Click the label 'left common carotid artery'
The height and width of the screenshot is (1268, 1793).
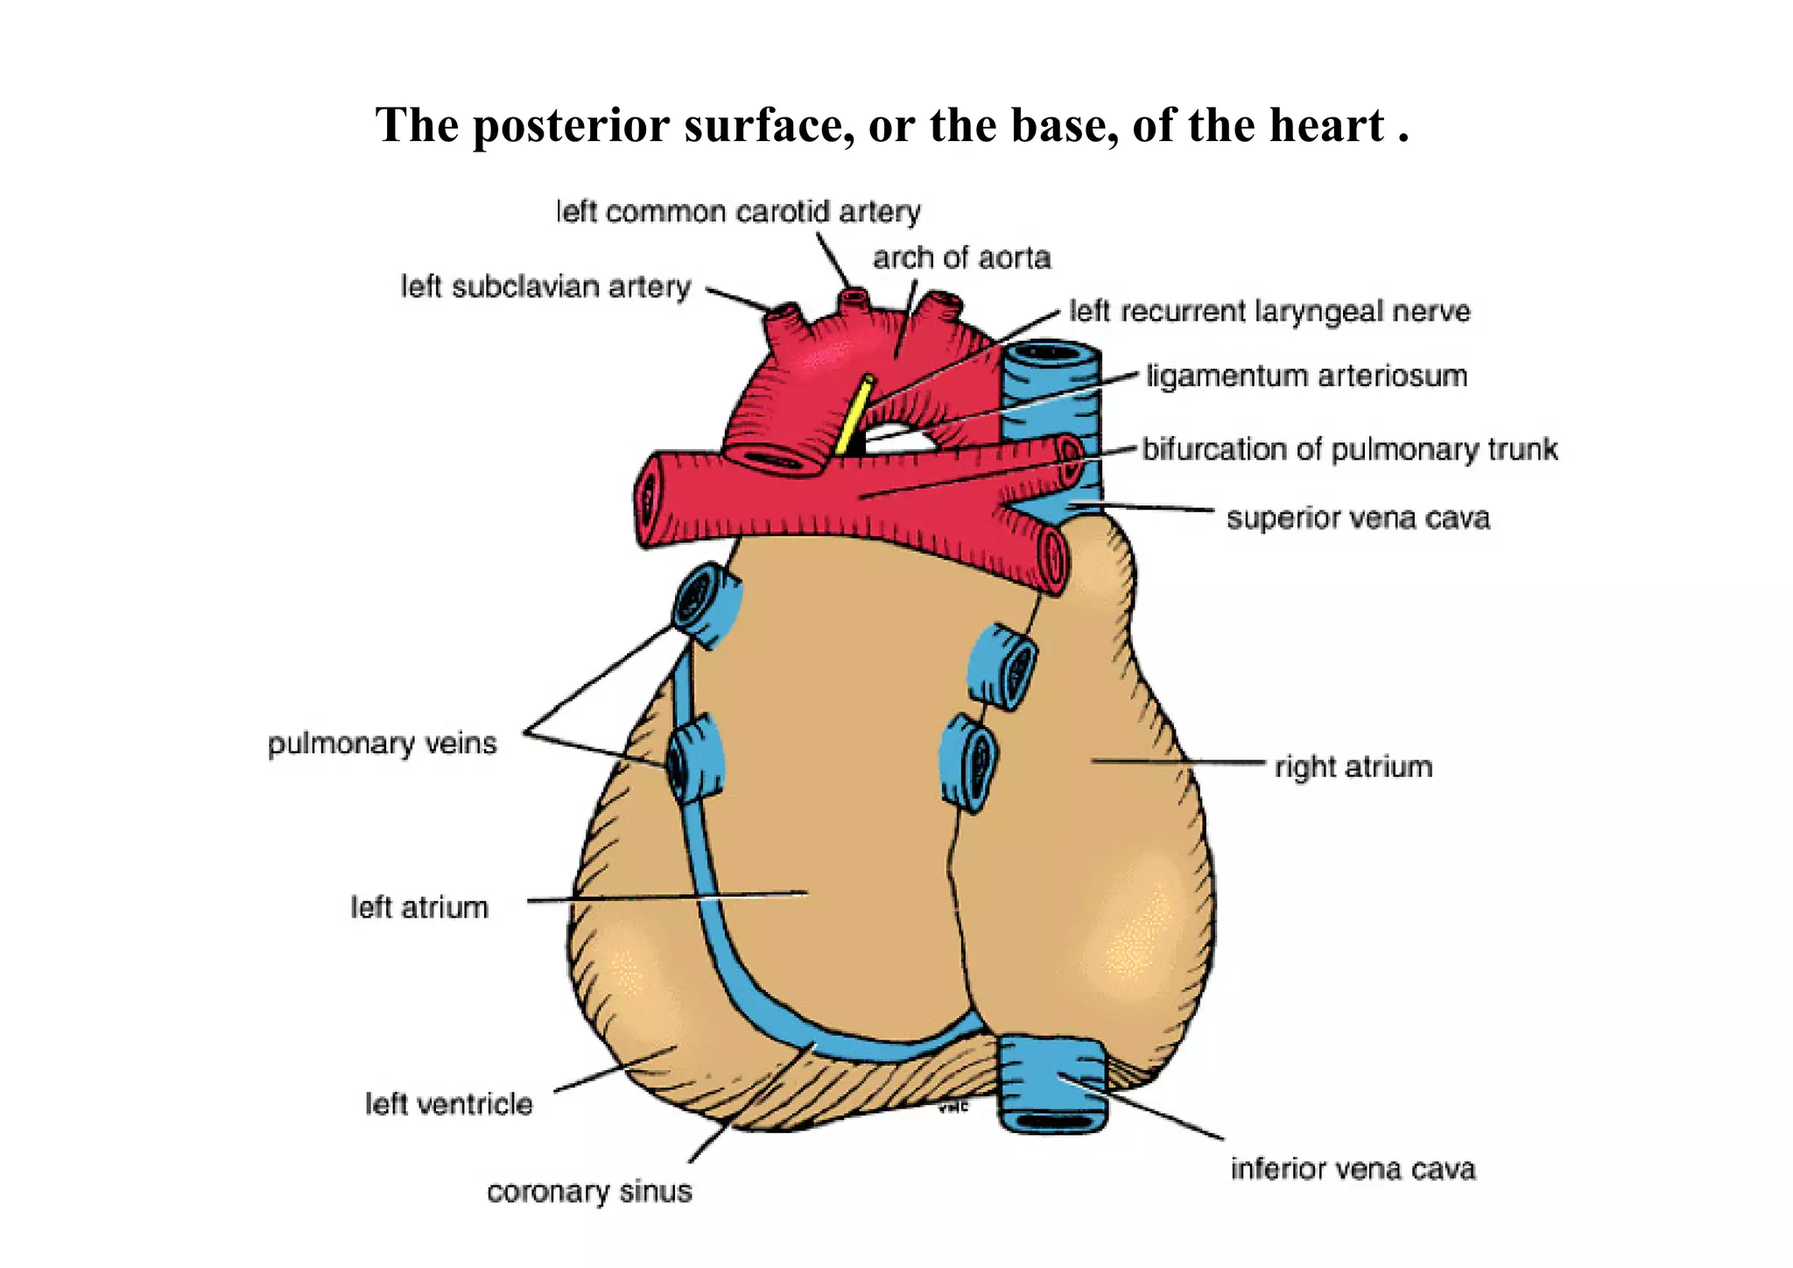coord(738,212)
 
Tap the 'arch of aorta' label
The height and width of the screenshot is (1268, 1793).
coord(961,258)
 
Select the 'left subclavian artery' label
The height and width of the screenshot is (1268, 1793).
coord(545,287)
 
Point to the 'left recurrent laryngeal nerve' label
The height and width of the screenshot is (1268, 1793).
coord(1269,312)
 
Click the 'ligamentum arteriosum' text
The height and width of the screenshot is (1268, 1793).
coord(1306,377)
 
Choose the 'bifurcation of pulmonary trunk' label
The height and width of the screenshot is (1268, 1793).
coord(1349,449)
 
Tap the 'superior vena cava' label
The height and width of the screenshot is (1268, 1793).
coord(1358,518)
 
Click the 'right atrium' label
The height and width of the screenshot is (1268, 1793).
coord(1354,767)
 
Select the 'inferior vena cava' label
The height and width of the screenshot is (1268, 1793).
coord(1353,1169)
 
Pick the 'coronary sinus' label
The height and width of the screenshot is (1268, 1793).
coord(589,1192)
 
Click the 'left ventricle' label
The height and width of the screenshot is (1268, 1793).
coord(448,1104)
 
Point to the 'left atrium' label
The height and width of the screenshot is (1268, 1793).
coord(419,908)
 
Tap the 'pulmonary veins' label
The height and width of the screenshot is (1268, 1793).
coord(382,743)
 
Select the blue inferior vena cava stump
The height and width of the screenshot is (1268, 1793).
coord(1052,1083)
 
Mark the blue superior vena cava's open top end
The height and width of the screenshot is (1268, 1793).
coord(1051,354)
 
